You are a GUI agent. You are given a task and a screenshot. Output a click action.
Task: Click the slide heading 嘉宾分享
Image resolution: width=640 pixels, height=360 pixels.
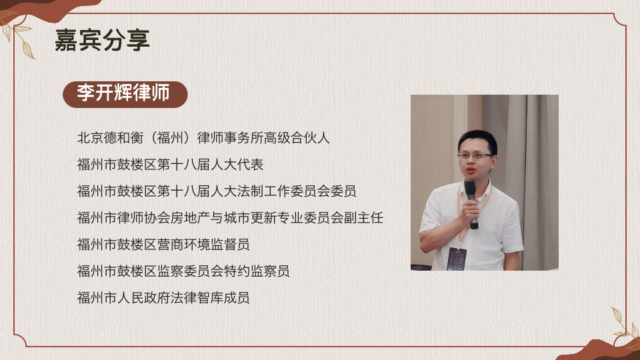(103, 41)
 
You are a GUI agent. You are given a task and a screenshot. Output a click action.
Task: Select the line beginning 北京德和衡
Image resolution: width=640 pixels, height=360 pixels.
(203, 139)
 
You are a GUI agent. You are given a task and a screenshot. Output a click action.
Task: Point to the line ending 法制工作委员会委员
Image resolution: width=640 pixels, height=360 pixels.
(217, 191)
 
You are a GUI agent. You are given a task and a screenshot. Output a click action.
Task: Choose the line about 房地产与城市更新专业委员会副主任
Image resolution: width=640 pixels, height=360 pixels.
(230, 217)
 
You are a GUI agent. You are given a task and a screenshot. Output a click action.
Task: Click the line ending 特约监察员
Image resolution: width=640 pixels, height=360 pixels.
(183, 271)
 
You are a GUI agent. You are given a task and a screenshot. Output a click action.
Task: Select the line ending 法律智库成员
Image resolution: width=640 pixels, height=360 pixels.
(163, 297)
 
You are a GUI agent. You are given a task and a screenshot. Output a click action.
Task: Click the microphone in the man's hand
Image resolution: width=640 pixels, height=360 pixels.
(471, 200)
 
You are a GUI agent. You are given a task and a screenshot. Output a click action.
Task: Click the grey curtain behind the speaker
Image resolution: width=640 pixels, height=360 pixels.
(527, 153)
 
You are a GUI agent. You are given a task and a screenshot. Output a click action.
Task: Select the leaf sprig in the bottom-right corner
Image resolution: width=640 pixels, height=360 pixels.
(623, 327)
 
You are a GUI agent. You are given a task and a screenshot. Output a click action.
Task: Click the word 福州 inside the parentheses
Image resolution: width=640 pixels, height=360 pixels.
(170, 139)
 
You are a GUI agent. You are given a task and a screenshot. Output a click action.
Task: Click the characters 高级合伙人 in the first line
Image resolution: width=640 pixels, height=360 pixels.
(297, 139)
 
